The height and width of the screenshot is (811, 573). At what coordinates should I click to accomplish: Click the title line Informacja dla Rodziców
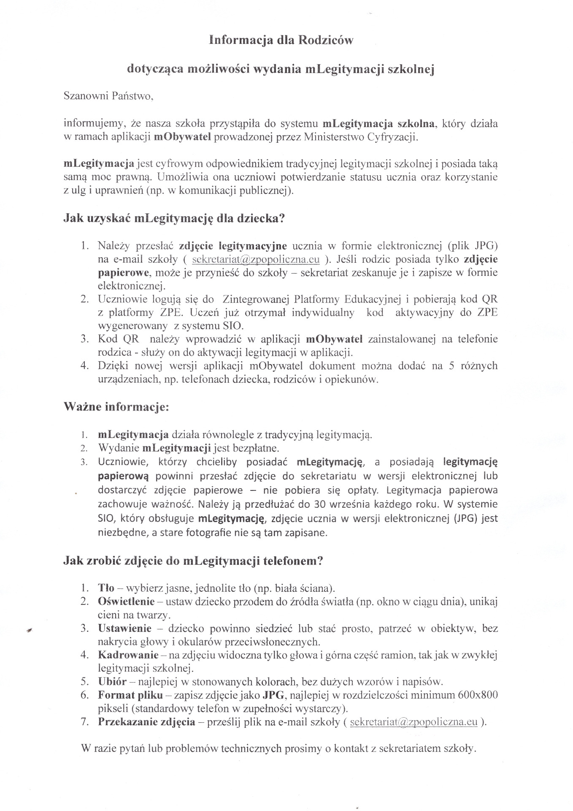pos(281,41)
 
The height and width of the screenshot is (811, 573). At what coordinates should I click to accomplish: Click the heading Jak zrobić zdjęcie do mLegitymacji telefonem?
pos(193,561)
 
